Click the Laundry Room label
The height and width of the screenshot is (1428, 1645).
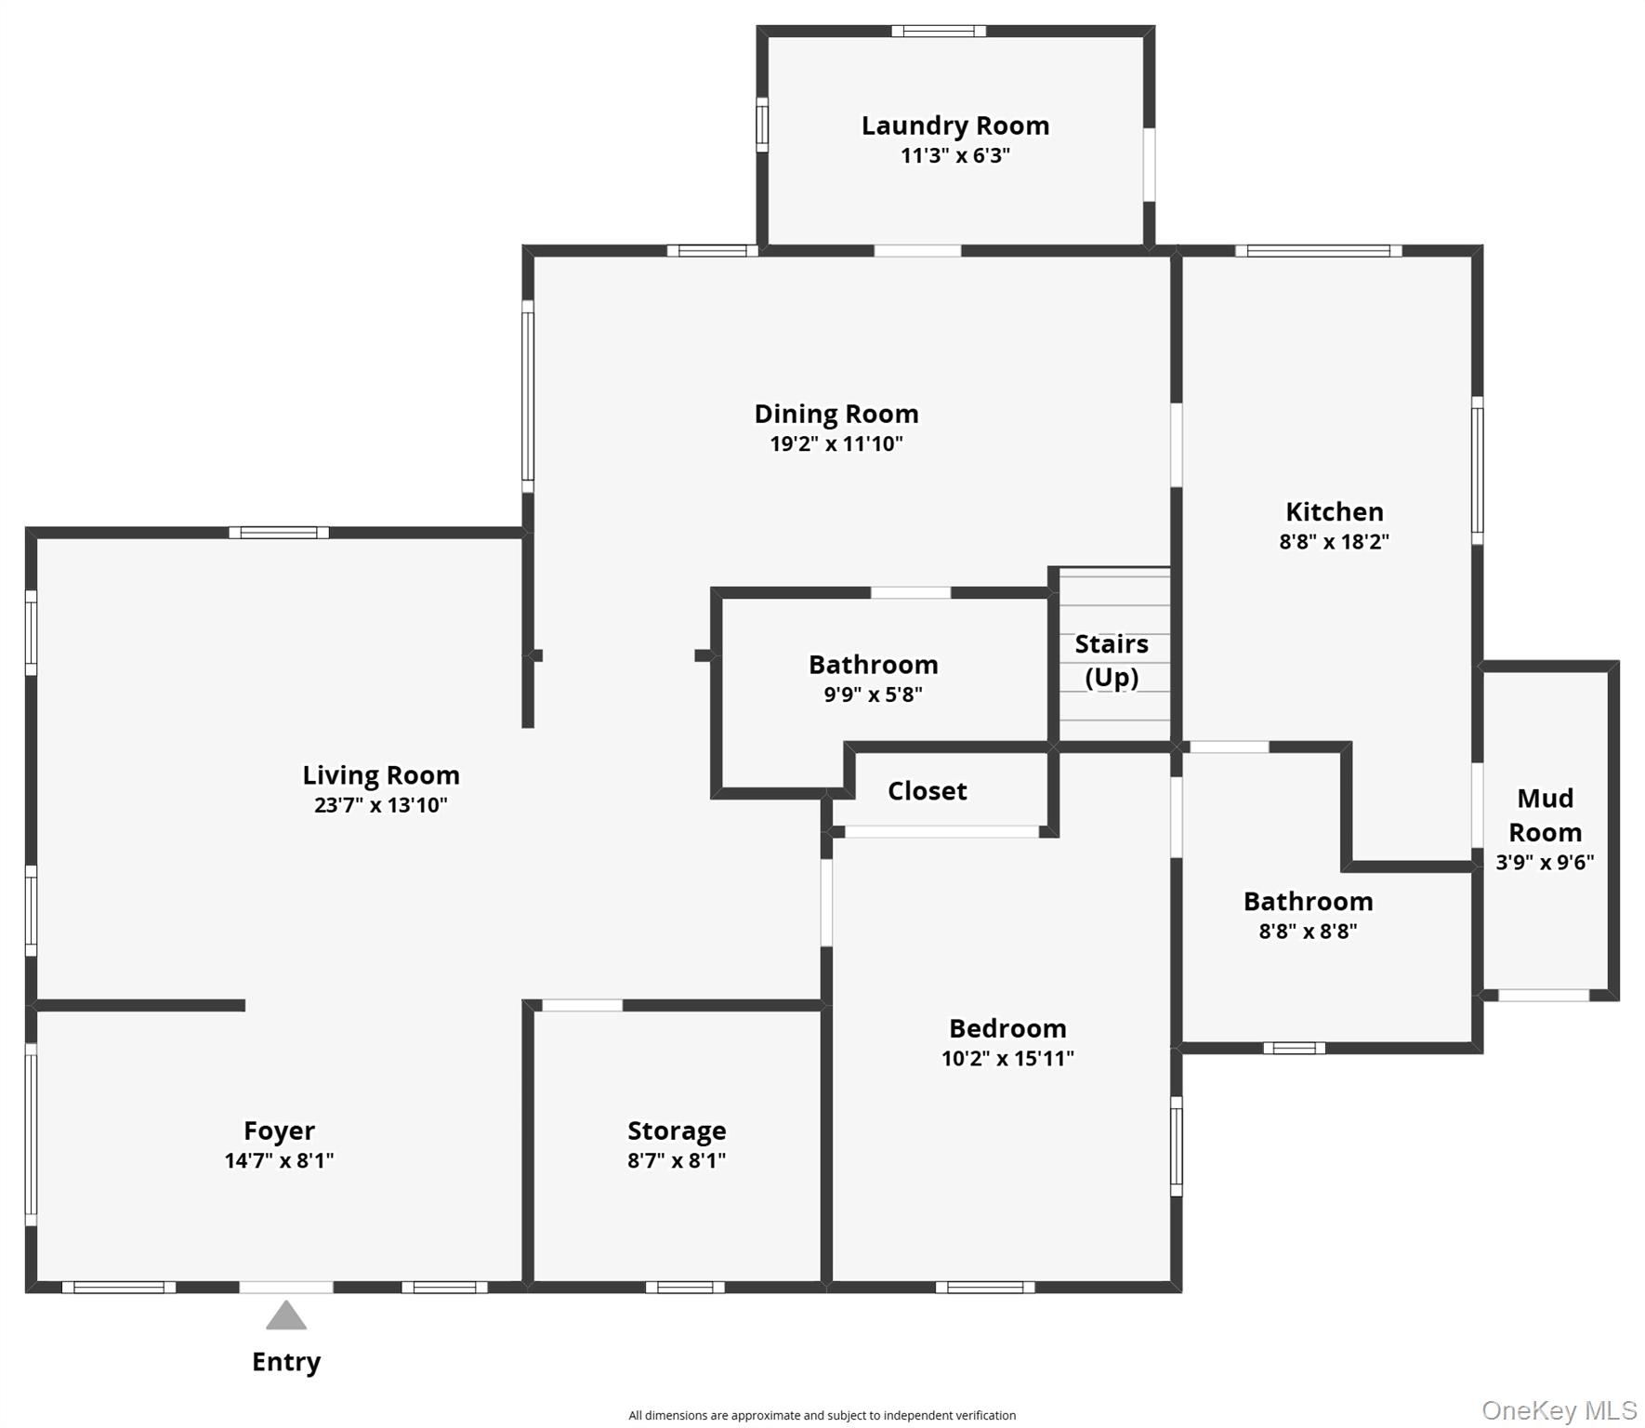(954, 126)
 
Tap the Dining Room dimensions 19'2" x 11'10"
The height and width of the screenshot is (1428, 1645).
(836, 443)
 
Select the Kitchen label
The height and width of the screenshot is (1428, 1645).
(1334, 511)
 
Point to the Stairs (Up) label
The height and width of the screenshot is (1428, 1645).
(1112, 660)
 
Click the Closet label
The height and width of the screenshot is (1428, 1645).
(927, 791)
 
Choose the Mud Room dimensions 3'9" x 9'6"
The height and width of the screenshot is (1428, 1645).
(1544, 862)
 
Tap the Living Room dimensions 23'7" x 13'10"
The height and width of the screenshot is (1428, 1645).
(380, 805)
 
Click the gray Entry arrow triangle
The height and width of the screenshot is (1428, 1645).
(286, 1316)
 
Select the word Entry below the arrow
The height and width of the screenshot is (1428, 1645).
(286, 1362)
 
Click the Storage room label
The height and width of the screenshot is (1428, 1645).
(677, 1130)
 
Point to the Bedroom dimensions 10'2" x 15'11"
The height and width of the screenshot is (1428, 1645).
(1007, 1058)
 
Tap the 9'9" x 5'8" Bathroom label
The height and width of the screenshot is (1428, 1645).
(873, 665)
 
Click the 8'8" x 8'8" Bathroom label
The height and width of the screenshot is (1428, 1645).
(1308, 902)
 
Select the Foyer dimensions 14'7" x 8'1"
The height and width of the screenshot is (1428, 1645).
(279, 1160)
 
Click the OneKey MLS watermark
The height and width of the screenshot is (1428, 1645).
(1559, 1410)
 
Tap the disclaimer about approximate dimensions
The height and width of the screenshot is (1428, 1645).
(822, 1415)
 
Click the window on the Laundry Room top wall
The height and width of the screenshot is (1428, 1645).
(939, 32)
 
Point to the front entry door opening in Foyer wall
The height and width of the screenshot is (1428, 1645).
(286, 1288)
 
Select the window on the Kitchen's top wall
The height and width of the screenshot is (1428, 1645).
(1318, 251)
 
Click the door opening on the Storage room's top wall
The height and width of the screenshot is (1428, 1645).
(582, 1005)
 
